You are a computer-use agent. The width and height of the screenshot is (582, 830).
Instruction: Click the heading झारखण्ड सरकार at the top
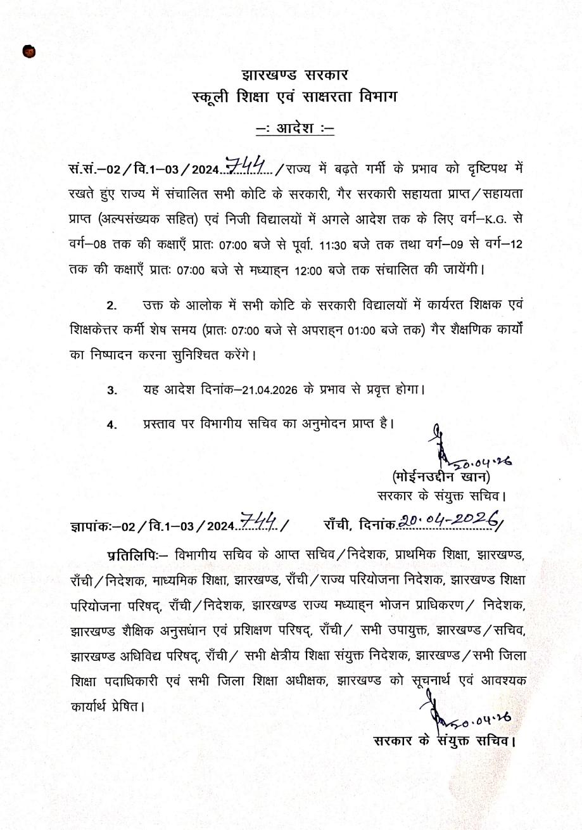point(295,75)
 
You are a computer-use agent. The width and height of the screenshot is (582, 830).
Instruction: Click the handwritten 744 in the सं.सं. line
point(249,167)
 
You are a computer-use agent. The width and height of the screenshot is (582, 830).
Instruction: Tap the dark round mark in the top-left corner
point(28,52)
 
